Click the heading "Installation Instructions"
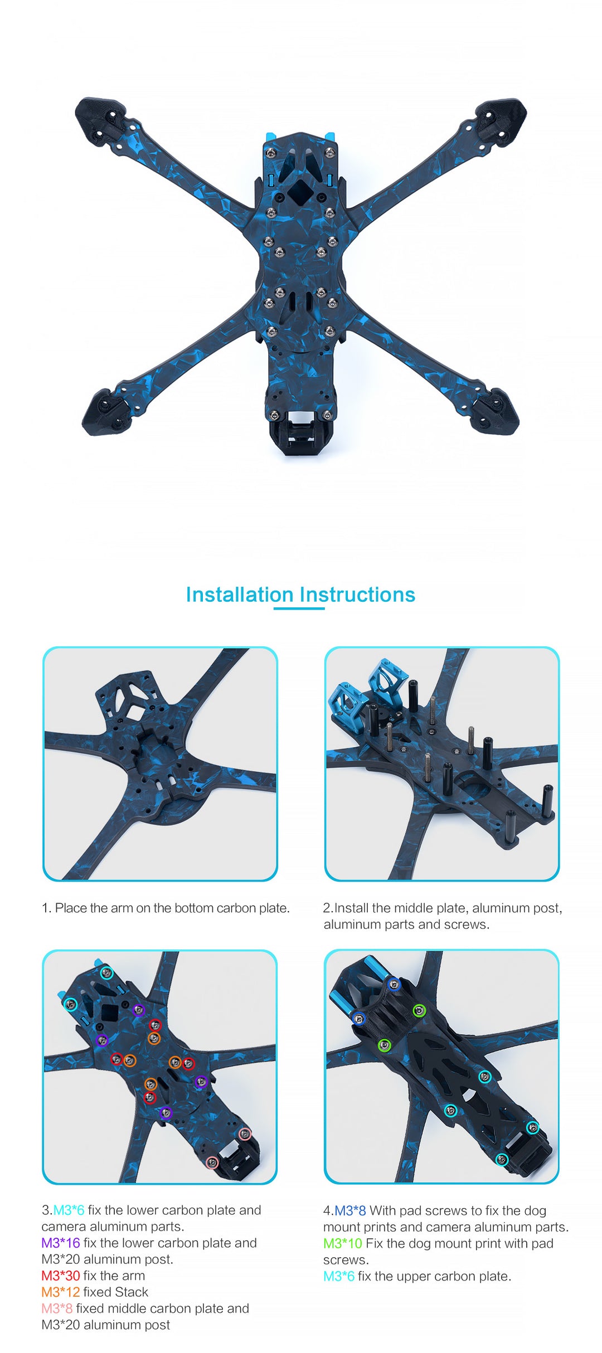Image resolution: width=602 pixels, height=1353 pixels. click(x=300, y=595)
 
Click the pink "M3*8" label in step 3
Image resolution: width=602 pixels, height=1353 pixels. click(x=57, y=1308)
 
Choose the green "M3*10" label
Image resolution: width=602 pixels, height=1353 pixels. click(x=343, y=1243)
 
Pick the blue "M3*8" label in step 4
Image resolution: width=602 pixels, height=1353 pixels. click(x=350, y=1210)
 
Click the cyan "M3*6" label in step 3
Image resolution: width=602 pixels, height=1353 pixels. click(x=69, y=1210)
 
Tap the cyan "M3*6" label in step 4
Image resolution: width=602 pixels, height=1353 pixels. click(x=339, y=1276)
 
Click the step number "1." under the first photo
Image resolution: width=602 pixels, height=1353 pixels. click(x=47, y=908)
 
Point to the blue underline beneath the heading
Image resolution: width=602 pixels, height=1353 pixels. click(x=299, y=609)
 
